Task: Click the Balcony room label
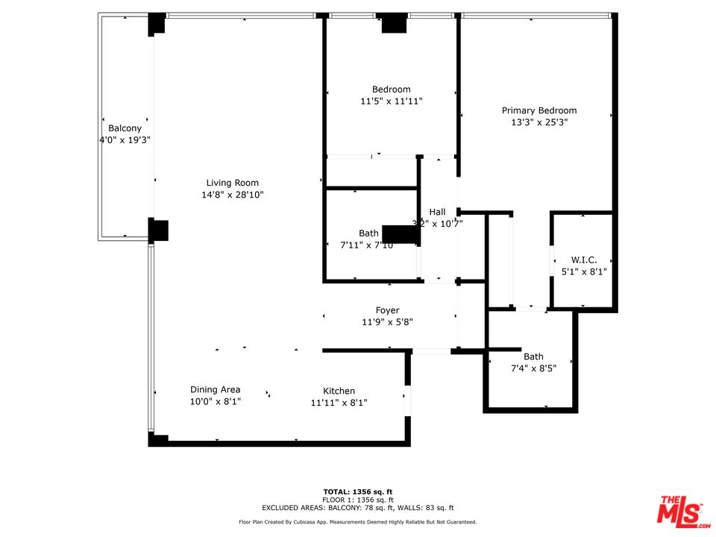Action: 125,128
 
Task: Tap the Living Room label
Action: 233,183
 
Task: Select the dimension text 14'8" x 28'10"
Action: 233,195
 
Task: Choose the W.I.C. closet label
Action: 584,260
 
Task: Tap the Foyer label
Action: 387,310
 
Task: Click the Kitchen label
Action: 339,391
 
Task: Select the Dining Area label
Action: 215,389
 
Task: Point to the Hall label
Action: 437,212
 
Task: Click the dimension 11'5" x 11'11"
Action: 391,101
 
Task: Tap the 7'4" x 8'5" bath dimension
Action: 533,368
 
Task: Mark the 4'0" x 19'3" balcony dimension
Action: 125,140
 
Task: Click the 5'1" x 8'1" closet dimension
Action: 584,272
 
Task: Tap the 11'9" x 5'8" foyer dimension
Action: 387,322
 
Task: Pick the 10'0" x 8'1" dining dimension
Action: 215,401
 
